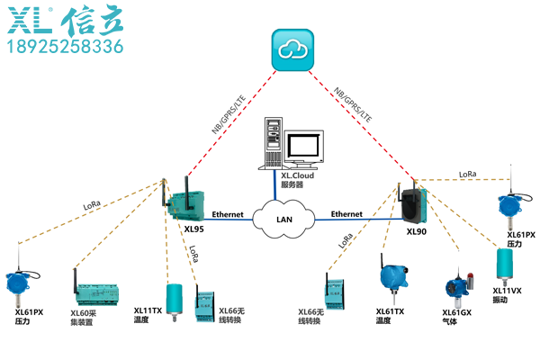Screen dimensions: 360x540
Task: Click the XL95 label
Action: click(x=194, y=229)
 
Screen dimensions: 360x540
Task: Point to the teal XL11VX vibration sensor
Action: click(x=507, y=265)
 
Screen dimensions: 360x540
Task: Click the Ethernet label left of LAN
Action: click(x=228, y=215)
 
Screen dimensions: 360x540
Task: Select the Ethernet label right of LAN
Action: click(x=346, y=214)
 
